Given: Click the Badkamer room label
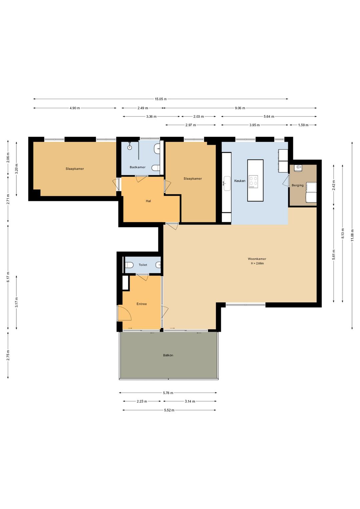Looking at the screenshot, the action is point(137,167).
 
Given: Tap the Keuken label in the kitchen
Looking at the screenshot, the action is point(240,181).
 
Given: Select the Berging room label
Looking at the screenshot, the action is point(298,185).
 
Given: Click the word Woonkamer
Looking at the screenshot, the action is point(257,259).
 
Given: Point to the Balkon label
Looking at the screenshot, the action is point(168,355).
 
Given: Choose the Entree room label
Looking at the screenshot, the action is point(142,304).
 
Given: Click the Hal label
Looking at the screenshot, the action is point(148,201).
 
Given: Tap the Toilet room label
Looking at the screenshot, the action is point(143,265).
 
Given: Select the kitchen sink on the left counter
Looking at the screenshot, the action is point(227,183).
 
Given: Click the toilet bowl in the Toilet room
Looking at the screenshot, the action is point(129,265).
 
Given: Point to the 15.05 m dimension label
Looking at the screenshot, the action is point(161,99).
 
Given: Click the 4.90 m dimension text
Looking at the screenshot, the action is point(75,108).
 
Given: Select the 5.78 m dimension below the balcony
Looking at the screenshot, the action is point(168,393).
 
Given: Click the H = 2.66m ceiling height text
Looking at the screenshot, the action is point(257,264).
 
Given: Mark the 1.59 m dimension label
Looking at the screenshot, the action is point(303,125).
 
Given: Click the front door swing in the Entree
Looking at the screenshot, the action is point(124,313).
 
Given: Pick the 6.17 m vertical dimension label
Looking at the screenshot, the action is point(8,277).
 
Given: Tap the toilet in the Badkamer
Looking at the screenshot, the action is point(156,168).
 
